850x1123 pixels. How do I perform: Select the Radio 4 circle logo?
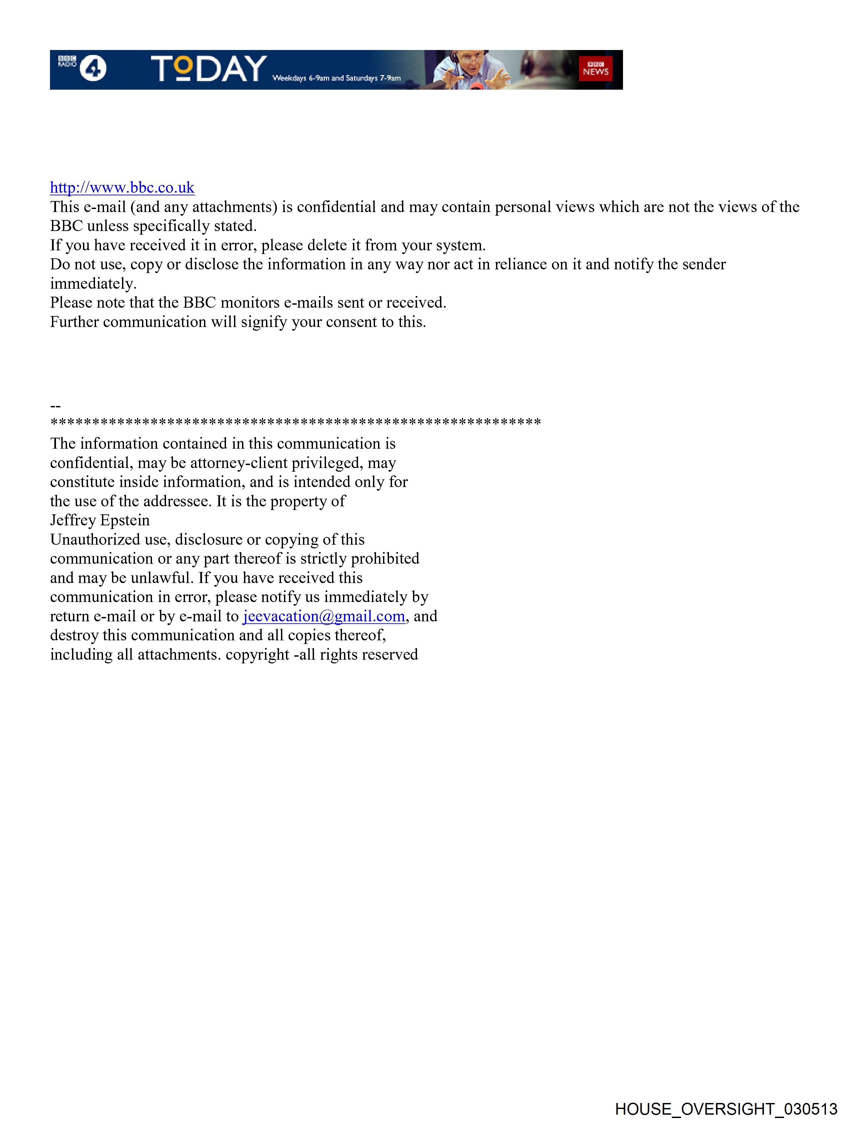click(93, 69)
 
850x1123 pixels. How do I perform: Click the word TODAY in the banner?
click(209, 69)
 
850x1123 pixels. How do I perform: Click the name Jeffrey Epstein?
click(100, 520)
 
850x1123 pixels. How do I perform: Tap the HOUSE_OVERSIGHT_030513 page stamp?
click(726, 1109)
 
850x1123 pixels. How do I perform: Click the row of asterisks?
click(296, 422)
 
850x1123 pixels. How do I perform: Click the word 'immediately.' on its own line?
click(93, 283)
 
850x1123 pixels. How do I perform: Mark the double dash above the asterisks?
click(55, 406)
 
